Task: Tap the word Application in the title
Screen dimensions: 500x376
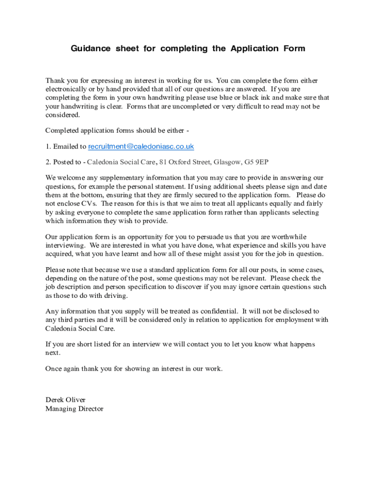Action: point(254,48)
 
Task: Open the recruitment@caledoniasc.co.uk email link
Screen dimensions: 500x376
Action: point(141,146)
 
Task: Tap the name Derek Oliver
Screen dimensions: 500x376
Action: point(65,400)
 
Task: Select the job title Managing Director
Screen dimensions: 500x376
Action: point(74,409)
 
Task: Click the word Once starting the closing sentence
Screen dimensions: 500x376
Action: point(54,369)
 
